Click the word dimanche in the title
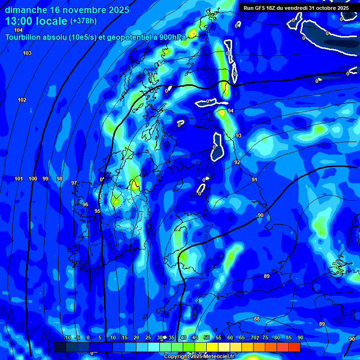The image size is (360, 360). [x=26, y=9]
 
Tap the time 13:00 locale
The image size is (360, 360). [x=36, y=21]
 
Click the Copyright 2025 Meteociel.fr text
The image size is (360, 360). [x=199, y=357]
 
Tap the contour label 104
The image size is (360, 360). [x=18, y=30]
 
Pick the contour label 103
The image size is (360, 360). [x=27, y=53]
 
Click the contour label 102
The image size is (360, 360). [x=22, y=100]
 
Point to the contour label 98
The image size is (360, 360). [x=60, y=179]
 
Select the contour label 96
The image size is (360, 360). [x=85, y=205]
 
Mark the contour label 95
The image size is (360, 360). [x=97, y=211]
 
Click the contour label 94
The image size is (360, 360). [x=231, y=111]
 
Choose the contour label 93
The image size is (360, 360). [x=239, y=135]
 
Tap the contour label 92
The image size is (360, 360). [x=237, y=163]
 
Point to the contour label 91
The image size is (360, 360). [x=254, y=180]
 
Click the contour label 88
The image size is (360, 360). [x=257, y=319]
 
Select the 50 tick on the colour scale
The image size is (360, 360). [x=206, y=338]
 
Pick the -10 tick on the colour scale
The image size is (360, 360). [x=67, y=338]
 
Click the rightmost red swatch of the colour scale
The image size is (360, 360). [x=294, y=347]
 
